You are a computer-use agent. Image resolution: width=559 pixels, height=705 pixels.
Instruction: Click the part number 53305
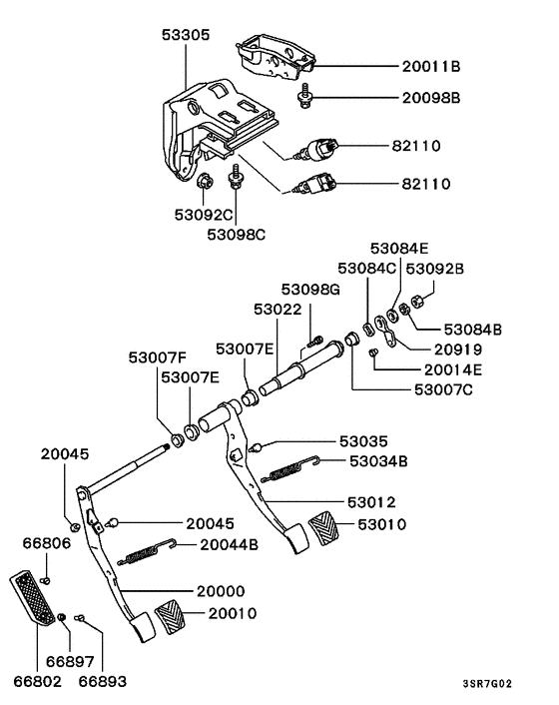coord(186,33)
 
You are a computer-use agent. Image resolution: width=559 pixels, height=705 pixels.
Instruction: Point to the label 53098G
coord(311,289)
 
